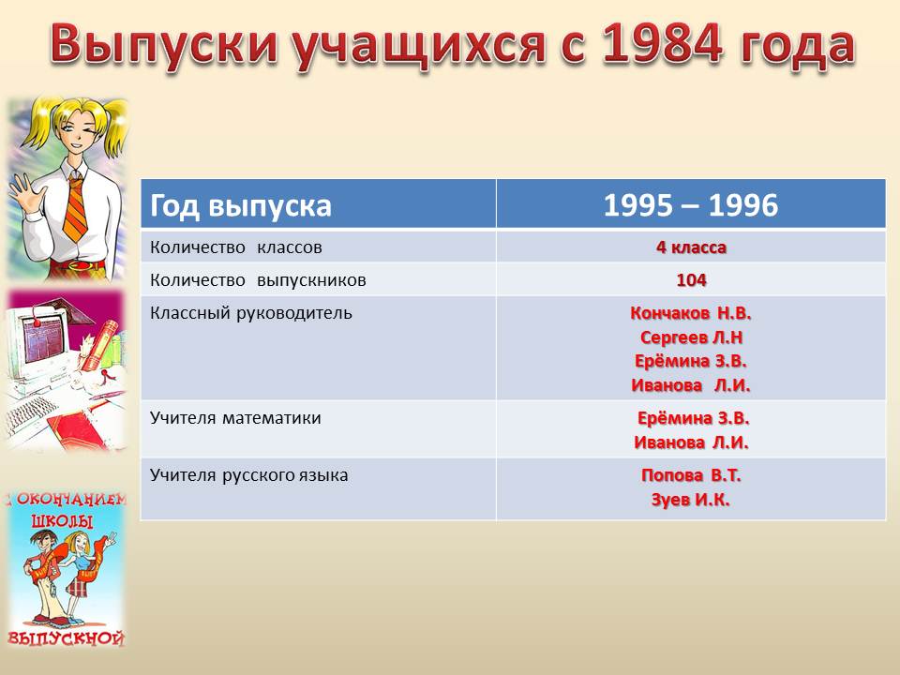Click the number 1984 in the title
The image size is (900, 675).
pos(663,43)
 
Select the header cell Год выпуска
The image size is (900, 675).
pos(241,205)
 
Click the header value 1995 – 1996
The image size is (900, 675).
pos(691,205)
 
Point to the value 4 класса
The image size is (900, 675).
pos(691,247)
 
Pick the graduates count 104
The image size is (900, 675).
pos(691,280)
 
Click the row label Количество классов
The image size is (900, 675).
pos(236,247)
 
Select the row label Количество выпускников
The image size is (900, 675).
pos(258,280)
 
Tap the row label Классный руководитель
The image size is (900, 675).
pos(251,313)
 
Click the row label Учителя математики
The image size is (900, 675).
pos(235,418)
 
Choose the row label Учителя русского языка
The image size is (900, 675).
pos(248,476)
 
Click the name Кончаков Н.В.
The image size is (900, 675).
pos(691,313)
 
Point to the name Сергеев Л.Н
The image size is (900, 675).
pos(691,337)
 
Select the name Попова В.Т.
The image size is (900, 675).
pos(691,475)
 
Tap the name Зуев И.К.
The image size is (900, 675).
pos(691,500)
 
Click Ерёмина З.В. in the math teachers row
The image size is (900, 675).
pos(693,418)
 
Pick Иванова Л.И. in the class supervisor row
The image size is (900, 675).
pos(691,384)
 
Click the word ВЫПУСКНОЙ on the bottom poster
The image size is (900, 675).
pos(66,638)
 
